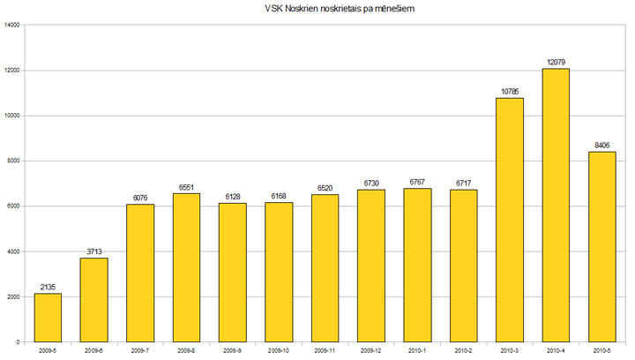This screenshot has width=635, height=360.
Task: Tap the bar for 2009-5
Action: click(48, 317)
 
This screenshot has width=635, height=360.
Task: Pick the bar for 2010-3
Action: click(510, 220)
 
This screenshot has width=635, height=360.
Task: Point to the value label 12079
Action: click(556, 62)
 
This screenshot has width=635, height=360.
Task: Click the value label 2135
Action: click(48, 287)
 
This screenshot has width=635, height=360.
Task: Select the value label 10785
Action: click(510, 91)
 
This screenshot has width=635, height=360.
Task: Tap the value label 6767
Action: click(417, 182)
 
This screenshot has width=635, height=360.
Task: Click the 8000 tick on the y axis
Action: click(14, 161)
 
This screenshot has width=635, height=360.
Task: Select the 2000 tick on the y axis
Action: click(14, 296)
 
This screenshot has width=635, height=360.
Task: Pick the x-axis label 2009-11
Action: click(325, 351)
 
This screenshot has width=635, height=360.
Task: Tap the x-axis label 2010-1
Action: click(417, 351)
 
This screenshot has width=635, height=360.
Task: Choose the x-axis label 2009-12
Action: click(371, 351)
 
